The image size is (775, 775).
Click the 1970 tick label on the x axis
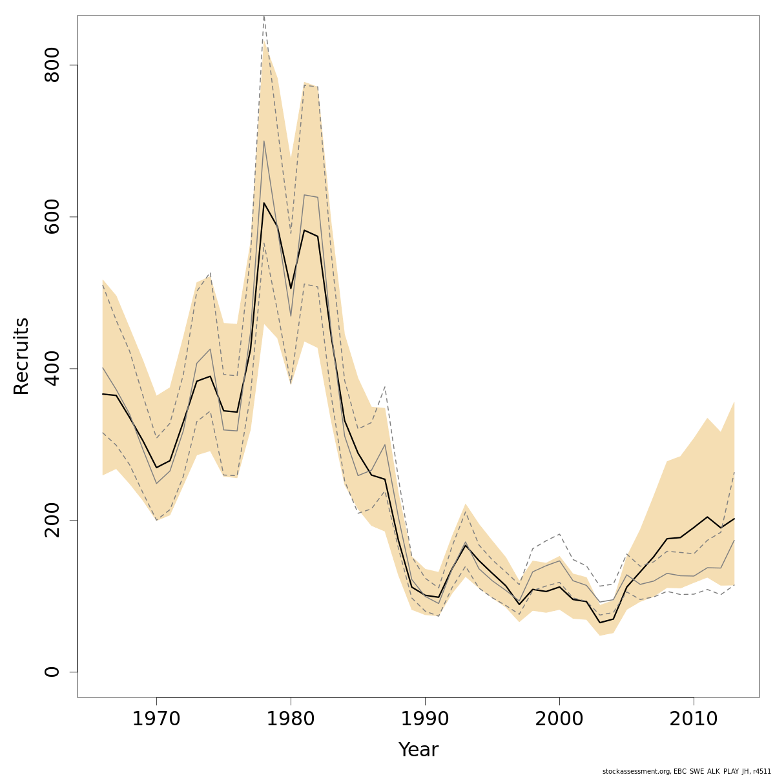(156, 719)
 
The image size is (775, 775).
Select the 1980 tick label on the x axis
(291, 719)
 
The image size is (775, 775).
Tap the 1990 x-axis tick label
(425, 719)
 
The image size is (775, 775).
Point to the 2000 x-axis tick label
(559, 719)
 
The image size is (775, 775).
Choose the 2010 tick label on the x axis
(694, 719)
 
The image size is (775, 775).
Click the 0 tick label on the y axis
(52, 672)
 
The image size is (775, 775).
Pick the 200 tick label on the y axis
(52, 520)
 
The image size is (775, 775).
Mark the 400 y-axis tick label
(52, 368)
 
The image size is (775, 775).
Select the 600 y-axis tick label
(52, 217)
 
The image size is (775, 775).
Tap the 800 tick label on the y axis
(52, 65)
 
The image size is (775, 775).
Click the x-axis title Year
(418, 750)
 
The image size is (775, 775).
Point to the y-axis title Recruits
(21, 356)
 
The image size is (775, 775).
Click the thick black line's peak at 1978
(263, 203)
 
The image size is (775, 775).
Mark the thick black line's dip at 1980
(291, 289)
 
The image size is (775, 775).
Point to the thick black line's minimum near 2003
(599, 623)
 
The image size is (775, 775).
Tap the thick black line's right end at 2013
(734, 519)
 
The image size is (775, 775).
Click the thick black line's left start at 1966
(103, 394)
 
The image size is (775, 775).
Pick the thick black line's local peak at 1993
(465, 545)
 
